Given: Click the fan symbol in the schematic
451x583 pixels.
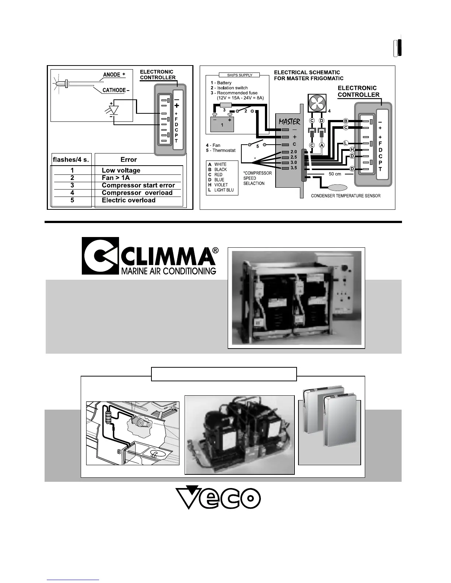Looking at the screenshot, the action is tap(317, 103).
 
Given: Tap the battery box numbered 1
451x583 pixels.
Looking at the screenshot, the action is tap(222, 124).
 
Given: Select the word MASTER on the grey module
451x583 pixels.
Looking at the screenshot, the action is tap(289, 122).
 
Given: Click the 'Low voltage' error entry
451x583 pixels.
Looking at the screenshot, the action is tap(121, 170).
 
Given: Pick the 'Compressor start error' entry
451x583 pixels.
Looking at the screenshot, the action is tap(138, 185).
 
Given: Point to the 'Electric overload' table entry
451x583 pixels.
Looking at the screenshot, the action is tap(128, 201).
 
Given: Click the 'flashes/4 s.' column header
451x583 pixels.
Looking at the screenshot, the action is tap(71, 160).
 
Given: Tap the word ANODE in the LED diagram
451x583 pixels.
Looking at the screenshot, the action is tap(112, 75).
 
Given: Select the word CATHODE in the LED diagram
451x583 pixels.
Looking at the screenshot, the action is tap(114, 90).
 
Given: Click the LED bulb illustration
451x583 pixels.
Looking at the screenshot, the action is tap(61, 84).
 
